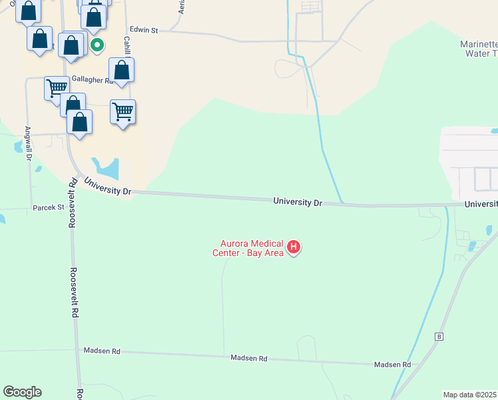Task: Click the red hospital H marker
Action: (293, 248)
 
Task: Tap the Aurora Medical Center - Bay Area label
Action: (248, 248)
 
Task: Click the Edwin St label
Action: (144, 30)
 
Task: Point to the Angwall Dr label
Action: (29, 143)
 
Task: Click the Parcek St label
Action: (48, 207)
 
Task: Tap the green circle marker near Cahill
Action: (97, 45)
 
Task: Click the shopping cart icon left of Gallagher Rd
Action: (57, 87)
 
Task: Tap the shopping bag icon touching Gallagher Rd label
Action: (122, 69)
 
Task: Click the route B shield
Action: (438, 337)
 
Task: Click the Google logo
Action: (22, 392)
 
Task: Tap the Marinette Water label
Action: (479, 49)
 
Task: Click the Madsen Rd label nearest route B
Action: (392, 364)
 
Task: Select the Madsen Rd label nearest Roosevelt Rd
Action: (102, 351)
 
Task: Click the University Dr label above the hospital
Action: (298, 201)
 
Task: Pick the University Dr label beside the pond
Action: (107, 187)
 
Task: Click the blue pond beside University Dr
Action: (107, 168)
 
